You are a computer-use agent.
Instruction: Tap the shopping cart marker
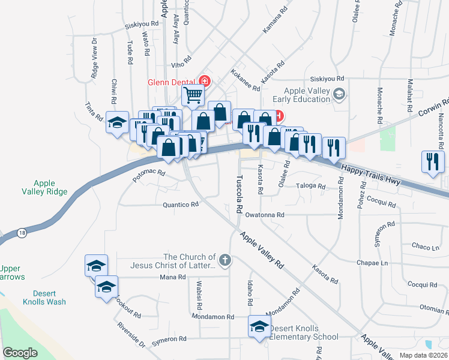pos(193,94)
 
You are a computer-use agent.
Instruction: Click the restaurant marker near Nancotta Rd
pos(433,161)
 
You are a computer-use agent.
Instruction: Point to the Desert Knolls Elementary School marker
pos(259,327)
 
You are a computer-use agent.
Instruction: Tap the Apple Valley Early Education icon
pos(339,94)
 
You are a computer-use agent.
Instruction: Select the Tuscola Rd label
pos(238,195)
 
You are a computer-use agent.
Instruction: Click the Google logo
pos(20,353)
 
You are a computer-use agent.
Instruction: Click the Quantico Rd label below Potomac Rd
pos(180,205)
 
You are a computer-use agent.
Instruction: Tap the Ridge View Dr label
pos(94,58)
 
